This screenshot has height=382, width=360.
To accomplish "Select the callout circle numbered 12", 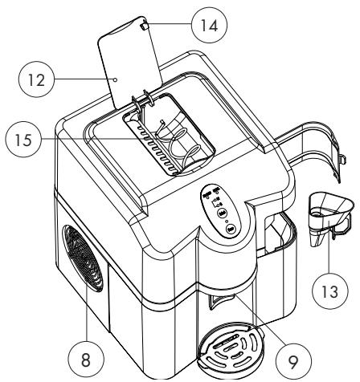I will pos(31,79).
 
